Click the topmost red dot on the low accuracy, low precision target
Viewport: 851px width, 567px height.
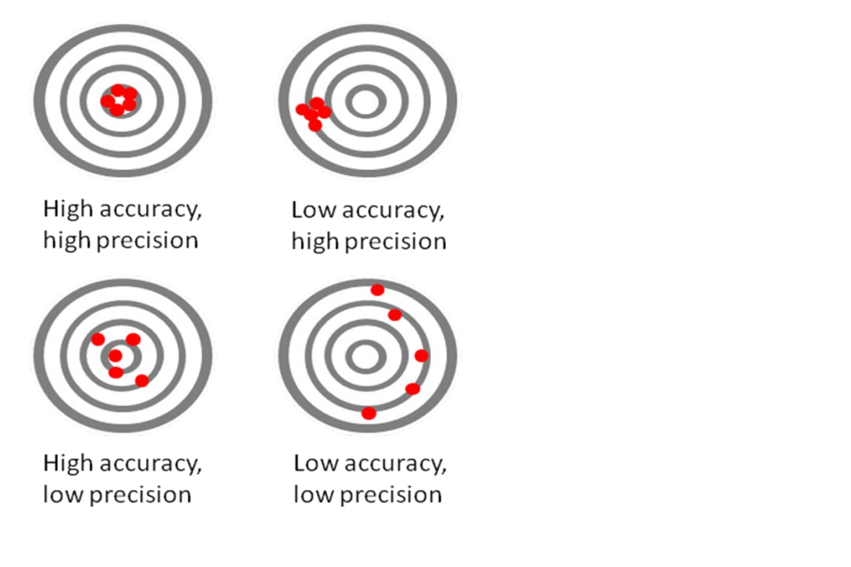click(x=378, y=291)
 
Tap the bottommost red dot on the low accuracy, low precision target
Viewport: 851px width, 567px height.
click(x=369, y=414)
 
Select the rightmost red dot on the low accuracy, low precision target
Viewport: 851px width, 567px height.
click(x=421, y=356)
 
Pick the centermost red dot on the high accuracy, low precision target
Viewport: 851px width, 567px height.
click(x=115, y=356)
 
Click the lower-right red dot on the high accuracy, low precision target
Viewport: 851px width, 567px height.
click(x=142, y=380)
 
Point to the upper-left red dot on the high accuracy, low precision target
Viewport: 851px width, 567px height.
click(x=98, y=339)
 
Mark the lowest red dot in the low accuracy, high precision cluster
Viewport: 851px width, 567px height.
click(x=315, y=125)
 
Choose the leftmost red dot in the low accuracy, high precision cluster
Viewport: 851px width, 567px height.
click(x=302, y=110)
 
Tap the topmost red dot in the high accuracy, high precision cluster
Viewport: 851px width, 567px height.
click(x=118, y=90)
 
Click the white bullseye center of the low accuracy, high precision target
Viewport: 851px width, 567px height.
click(x=365, y=102)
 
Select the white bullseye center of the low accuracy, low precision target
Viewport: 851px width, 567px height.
click(x=365, y=356)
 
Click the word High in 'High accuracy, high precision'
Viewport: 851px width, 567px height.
click(x=68, y=209)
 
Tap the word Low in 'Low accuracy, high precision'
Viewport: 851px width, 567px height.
click(x=314, y=210)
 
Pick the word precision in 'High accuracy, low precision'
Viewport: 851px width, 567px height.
click(x=140, y=495)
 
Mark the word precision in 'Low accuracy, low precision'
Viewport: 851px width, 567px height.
click(x=391, y=495)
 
